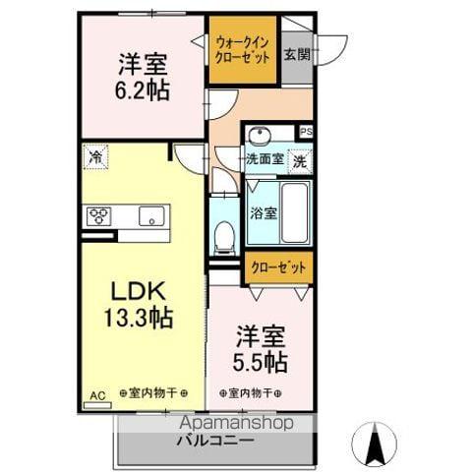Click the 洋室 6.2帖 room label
click(143, 74)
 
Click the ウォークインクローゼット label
click(242, 48)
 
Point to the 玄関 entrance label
click(296, 55)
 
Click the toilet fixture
click(224, 234)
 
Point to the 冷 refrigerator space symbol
click(95, 156)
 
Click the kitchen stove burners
click(100, 216)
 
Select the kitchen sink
click(153, 216)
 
